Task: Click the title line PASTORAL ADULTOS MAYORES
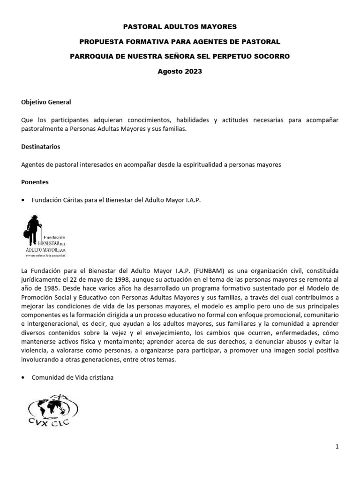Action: tap(180, 27)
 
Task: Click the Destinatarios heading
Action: tap(41, 147)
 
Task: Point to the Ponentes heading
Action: tap(35, 182)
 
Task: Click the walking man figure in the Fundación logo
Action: tap(34, 230)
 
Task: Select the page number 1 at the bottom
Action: tap(337, 447)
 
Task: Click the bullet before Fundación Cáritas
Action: tap(24, 200)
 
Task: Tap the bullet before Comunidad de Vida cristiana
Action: tap(24, 378)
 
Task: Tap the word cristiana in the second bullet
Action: tap(100, 378)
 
